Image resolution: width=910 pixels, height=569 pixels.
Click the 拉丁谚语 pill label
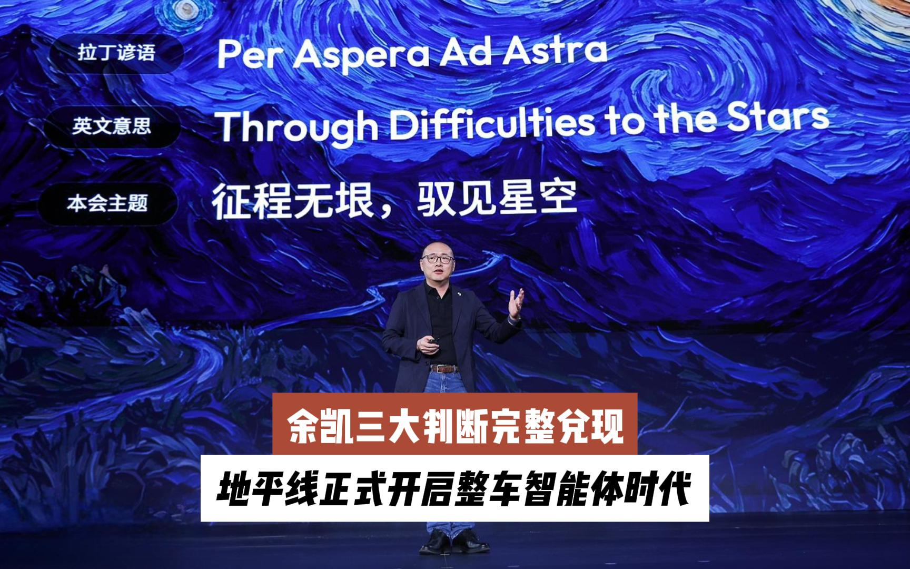(x=116, y=53)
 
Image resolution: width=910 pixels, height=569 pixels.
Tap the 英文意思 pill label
(x=112, y=126)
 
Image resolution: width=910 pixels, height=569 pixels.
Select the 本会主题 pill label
(x=107, y=203)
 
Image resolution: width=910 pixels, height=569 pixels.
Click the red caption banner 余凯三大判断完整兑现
(x=455, y=423)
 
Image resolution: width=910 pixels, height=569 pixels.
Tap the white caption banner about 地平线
(x=455, y=488)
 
